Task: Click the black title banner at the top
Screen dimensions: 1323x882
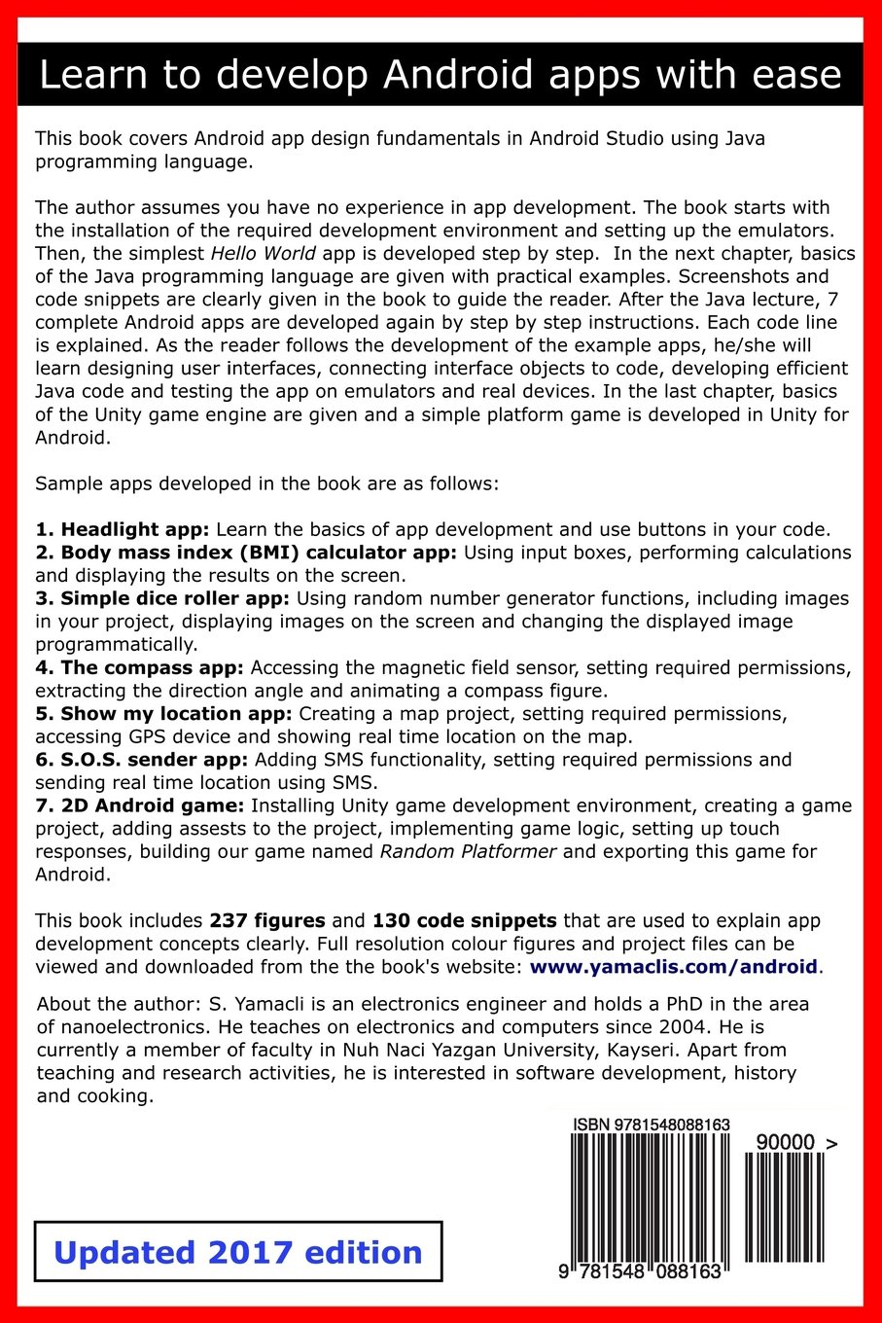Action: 441,75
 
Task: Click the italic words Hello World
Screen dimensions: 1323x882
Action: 261,254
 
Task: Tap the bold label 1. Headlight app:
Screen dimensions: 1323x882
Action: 123,530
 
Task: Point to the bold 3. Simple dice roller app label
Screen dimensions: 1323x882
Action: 162,598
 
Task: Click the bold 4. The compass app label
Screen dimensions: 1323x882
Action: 142,667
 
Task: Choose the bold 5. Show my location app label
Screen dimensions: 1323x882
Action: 163,714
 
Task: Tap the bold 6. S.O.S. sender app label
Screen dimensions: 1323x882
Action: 142,760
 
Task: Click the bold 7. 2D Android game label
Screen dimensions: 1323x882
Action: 140,805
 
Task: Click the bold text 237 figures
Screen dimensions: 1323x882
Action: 267,920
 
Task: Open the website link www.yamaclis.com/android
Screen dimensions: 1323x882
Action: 673,966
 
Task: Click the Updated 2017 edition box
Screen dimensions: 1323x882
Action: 238,1252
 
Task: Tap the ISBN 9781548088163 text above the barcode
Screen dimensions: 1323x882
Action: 652,1125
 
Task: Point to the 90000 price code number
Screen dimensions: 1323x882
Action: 785,1143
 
